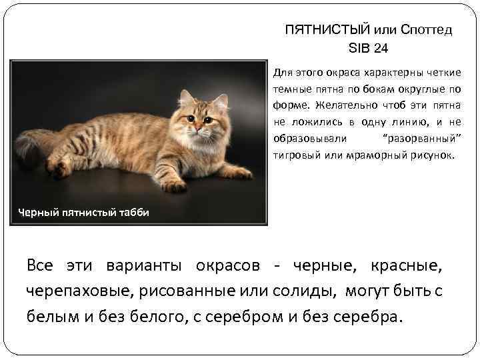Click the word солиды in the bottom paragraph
pos(308,291)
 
